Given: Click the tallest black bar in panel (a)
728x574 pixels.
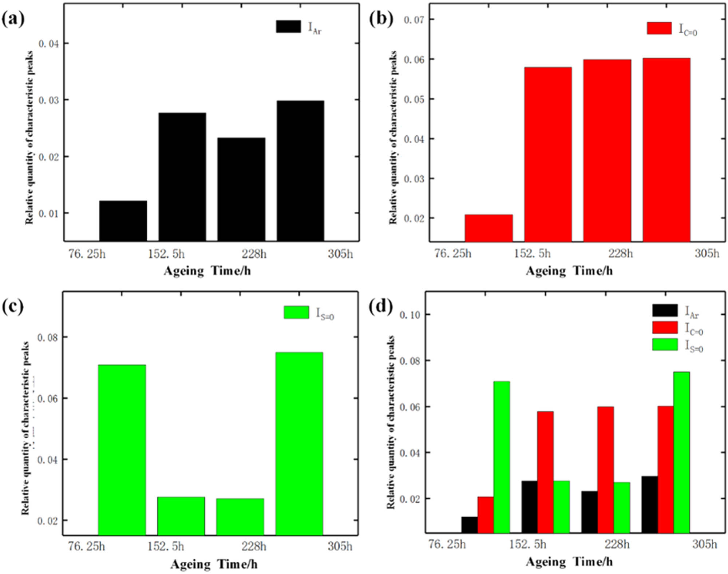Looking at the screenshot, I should pyautogui.click(x=300, y=171).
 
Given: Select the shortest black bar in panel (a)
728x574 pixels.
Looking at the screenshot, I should pyautogui.click(x=123, y=221).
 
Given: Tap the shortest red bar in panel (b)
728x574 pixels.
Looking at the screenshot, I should pyautogui.click(x=488, y=228).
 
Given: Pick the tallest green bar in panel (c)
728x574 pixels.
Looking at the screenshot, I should pyautogui.click(x=299, y=444).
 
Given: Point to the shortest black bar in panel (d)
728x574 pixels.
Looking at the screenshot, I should pyautogui.click(x=470, y=525).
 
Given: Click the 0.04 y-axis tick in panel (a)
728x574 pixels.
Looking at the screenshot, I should pyautogui.click(x=48, y=44).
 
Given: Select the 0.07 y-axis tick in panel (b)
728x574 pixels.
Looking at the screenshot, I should pyautogui.click(x=414, y=19).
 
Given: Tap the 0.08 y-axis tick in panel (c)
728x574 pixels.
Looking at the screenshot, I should pyautogui.click(x=47, y=338).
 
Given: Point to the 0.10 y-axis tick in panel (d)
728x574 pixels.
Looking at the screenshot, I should pyautogui.click(x=409, y=315).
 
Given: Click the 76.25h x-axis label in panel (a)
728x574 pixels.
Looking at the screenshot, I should pyautogui.click(x=87, y=254).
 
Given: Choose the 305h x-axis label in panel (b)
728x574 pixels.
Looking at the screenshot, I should pyautogui.click(x=707, y=253).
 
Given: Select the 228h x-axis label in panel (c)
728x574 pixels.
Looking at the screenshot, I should pyautogui.click(x=254, y=546).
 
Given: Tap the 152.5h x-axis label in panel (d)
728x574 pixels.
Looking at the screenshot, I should pyautogui.click(x=527, y=544).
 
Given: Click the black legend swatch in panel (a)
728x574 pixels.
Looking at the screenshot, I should pyautogui.click(x=288, y=27).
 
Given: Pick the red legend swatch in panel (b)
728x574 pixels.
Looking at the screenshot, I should pyautogui.click(x=659, y=28).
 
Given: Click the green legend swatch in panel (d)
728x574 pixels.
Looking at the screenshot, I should pyautogui.click(x=665, y=344).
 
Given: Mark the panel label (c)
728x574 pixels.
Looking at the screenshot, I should pyautogui.click(x=13, y=307).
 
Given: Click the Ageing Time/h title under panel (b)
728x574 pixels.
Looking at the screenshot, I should pyautogui.click(x=569, y=271).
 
